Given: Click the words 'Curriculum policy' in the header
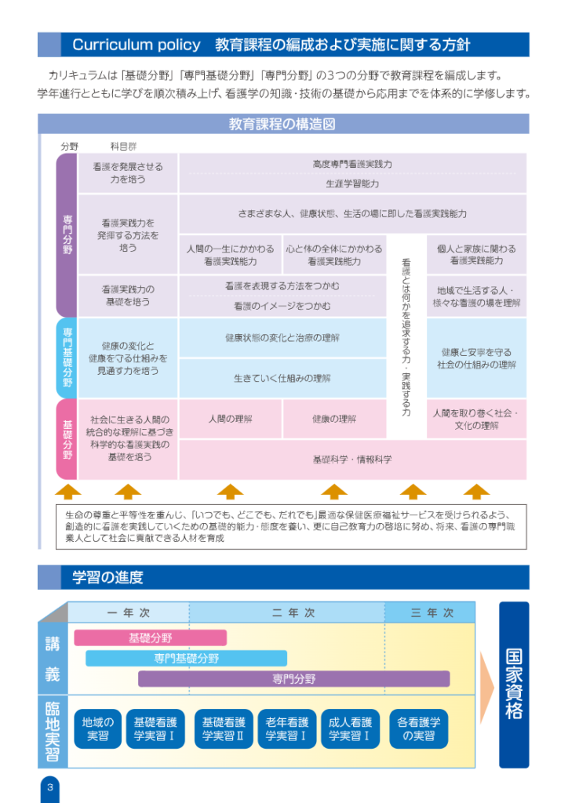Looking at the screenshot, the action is pyautogui.click(x=137, y=45).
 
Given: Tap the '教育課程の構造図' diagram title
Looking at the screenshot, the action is pyautogui.click(x=282, y=124).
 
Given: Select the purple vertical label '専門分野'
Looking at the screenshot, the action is pyautogui.click(x=67, y=234).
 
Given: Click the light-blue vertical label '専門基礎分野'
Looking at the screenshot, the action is pyautogui.click(x=67, y=358).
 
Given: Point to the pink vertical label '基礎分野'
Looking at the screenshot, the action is pyautogui.click(x=67, y=439).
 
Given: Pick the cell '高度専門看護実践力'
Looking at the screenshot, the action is pyautogui.click(x=352, y=164).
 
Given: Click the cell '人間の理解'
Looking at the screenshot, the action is pyautogui.click(x=231, y=419).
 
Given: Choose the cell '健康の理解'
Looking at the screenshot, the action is pyautogui.click(x=334, y=419).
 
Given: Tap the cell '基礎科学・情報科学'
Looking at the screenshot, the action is pyautogui.click(x=352, y=460).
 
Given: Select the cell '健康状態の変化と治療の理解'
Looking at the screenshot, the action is pyautogui.click(x=282, y=337).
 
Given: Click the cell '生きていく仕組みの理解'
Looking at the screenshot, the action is pyautogui.click(x=282, y=379).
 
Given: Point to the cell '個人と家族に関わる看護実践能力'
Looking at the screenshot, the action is pyautogui.click(x=476, y=255).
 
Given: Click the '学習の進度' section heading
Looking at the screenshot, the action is pyautogui.click(x=107, y=577).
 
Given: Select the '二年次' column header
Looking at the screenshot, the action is pyautogui.click(x=293, y=612).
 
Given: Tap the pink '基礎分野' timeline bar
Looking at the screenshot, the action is pyautogui.click(x=151, y=638).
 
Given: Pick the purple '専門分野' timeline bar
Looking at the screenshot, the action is pyautogui.click(x=294, y=679).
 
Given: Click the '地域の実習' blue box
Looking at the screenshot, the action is pyautogui.click(x=98, y=729).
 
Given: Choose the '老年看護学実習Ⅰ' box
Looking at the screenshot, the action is pyautogui.click(x=287, y=729).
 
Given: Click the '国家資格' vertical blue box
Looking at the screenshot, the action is pyautogui.click(x=514, y=685).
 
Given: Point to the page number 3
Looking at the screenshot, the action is pyautogui.click(x=49, y=787).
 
